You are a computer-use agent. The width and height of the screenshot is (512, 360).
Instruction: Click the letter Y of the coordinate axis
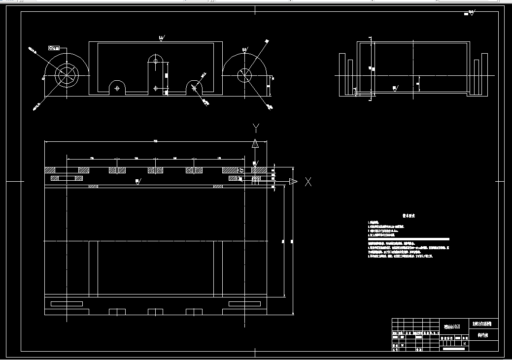point(255,128)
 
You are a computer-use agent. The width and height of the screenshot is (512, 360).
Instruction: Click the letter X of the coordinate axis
point(308,182)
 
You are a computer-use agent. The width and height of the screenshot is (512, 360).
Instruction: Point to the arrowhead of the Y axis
point(255,144)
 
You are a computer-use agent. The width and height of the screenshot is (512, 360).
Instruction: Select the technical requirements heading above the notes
point(409,216)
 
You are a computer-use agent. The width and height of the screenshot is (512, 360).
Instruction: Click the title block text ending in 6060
point(452,327)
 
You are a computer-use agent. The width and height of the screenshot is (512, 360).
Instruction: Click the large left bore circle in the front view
point(67,75)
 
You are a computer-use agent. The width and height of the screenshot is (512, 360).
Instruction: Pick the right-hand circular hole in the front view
point(244,75)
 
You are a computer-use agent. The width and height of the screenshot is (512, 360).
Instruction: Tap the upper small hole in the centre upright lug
point(156,62)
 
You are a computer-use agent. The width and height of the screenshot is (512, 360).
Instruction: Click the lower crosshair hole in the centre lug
point(156,89)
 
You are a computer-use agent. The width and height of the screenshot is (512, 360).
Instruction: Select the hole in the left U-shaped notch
point(117,89)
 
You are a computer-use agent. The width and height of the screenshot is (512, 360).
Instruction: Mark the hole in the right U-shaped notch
point(194,88)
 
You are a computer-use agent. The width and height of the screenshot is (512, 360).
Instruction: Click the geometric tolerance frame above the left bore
point(53,48)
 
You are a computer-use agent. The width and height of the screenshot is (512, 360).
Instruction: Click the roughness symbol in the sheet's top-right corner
point(471,13)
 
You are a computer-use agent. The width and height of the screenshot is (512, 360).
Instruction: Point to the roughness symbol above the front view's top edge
point(162,37)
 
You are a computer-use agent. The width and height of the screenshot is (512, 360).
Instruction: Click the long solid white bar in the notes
point(409,239)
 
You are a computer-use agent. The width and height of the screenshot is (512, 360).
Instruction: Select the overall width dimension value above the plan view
point(156,141)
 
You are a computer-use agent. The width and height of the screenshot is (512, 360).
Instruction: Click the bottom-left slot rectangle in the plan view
point(67,303)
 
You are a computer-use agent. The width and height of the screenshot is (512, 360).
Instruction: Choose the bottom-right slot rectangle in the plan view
point(244,303)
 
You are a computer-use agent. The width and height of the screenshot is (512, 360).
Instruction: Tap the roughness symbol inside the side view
point(395,88)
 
